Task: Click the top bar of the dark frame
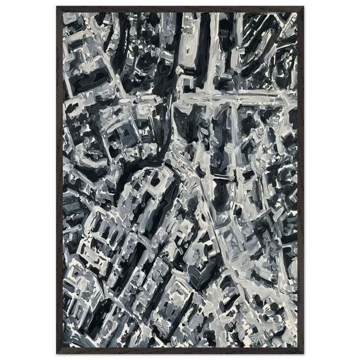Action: (180, 8)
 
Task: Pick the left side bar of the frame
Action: (59, 180)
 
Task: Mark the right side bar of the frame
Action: (301, 180)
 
